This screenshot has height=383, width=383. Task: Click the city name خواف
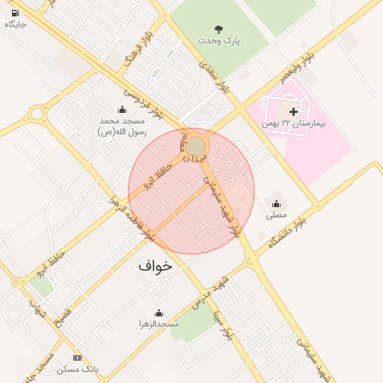point(155,266)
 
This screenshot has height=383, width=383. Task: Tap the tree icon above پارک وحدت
point(218,29)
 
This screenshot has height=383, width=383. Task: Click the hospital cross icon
point(293,111)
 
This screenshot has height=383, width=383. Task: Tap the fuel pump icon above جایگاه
point(16,13)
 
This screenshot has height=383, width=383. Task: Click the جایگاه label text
point(16,24)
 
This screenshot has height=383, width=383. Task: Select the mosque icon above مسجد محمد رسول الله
point(122,110)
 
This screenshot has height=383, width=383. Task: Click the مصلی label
point(276,215)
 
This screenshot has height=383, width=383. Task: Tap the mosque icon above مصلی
point(276,203)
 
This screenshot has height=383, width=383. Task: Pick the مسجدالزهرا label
point(159,324)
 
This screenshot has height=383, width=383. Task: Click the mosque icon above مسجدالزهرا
point(159,313)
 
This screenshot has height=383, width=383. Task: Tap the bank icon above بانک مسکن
point(78,358)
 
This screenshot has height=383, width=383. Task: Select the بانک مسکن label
point(78,370)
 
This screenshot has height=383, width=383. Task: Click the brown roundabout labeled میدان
point(196,146)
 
